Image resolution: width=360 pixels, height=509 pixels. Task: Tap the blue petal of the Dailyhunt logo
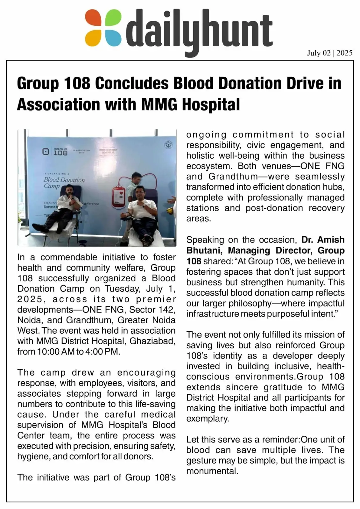(x=113, y=38)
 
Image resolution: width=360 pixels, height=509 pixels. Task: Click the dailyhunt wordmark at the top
(x=199, y=30)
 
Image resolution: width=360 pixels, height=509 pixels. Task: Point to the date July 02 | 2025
(x=329, y=53)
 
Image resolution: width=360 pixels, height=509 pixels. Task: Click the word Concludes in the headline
(x=132, y=83)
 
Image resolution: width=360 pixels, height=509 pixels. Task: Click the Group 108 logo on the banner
(x=55, y=151)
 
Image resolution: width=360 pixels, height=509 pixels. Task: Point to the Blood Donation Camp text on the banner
(x=64, y=182)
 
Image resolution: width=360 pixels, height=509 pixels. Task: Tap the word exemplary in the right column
(x=208, y=419)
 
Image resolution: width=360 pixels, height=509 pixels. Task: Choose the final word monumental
(x=212, y=471)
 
